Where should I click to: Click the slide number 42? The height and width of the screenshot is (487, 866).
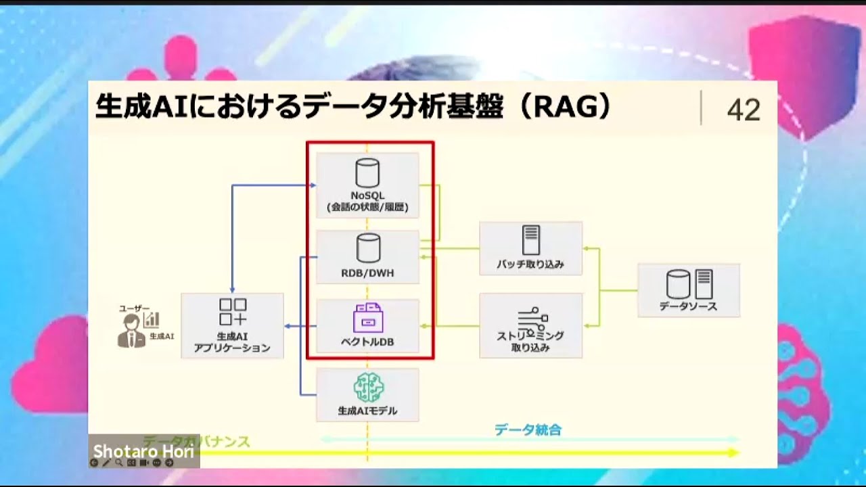pos(744,110)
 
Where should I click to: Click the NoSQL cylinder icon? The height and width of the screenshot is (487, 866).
pos(367,173)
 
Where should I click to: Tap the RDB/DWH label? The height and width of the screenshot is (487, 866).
pos(367,274)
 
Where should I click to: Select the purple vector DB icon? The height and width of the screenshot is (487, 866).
pos(367,317)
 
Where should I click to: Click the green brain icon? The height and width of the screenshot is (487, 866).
pos(368,388)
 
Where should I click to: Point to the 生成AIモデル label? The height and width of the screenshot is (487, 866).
pos(367,411)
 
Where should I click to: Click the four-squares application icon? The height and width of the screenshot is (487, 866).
pos(233,312)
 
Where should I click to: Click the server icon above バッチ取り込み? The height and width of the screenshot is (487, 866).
pos(530,240)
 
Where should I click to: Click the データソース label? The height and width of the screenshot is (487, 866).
pos(688,306)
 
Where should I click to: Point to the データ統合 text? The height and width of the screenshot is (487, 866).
pos(528,430)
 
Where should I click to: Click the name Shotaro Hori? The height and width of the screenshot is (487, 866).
pos(143,451)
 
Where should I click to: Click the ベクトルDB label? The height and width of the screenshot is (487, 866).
pos(367,342)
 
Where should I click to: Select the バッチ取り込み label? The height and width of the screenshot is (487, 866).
pos(530,264)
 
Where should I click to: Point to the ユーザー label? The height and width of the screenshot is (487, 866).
pos(134,308)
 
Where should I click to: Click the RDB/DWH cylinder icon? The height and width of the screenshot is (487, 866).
pos(368,248)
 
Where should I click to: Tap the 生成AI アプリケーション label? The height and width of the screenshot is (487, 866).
pos(232,342)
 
